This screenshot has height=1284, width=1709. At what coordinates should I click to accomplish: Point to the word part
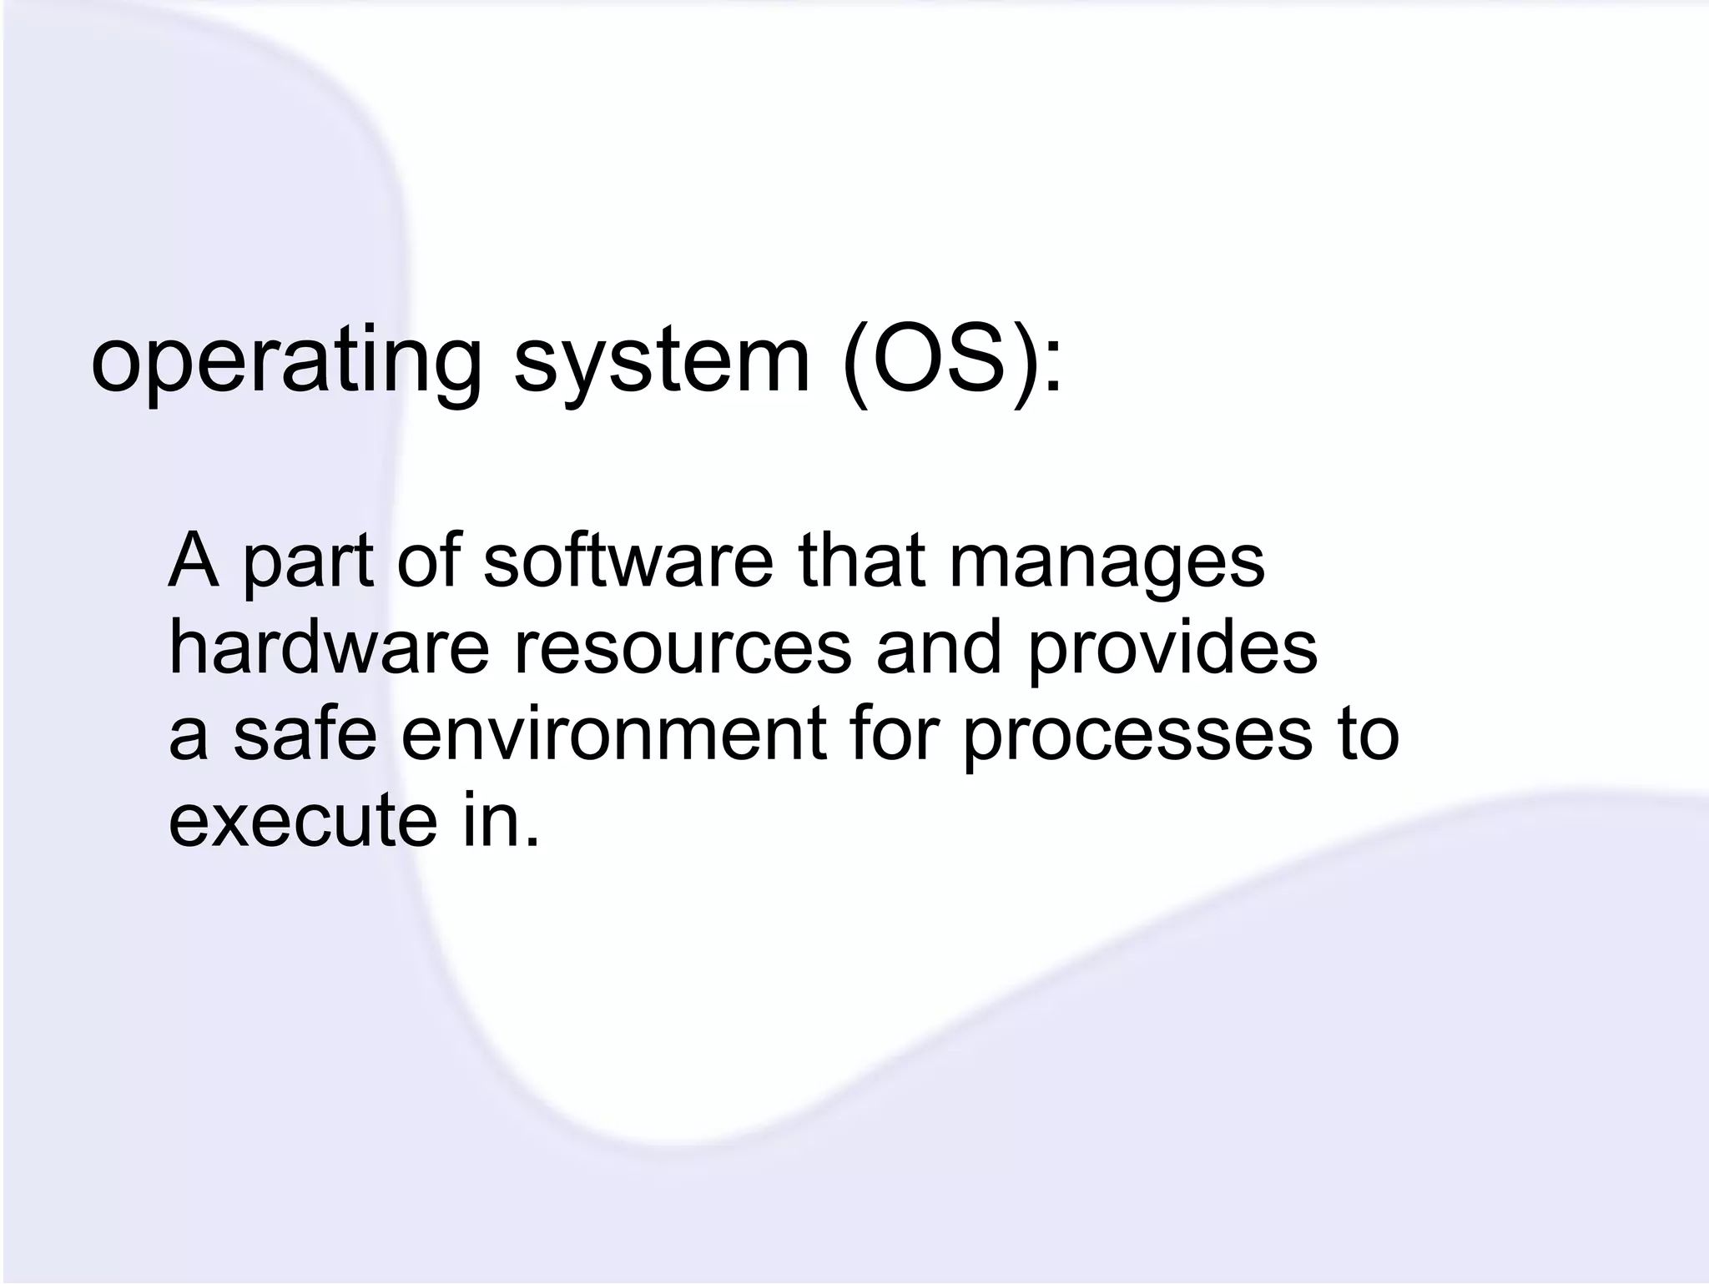(x=308, y=564)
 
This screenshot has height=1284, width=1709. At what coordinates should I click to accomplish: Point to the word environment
(x=614, y=734)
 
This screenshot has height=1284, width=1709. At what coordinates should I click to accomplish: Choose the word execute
(x=303, y=821)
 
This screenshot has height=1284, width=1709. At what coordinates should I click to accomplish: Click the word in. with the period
(x=500, y=821)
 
